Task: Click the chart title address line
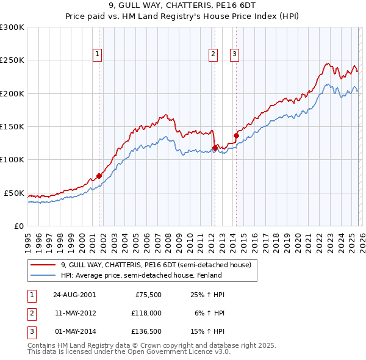tap(182, 6)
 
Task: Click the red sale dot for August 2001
tap(99, 176)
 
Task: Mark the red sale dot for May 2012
tap(215, 147)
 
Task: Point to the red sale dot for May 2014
tap(236, 135)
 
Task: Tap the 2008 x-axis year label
tap(168, 239)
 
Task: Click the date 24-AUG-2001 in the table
tap(74, 294)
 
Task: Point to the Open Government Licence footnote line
tap(129, 351)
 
